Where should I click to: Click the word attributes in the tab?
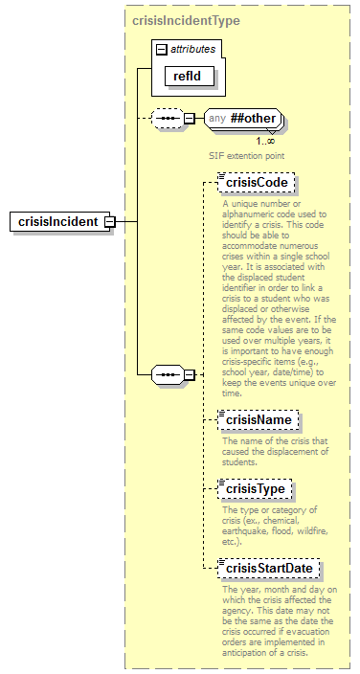click(x=192, y=47)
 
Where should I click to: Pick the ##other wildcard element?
click(x=253, y=118)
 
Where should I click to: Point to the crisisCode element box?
click(x=256, y=182)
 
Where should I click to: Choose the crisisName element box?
click(x=258, y=419)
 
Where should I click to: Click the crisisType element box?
click(x=256, y=489)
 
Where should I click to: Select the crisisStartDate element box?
click(x=267, y=569)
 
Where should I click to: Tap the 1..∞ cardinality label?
click(x=265, y=140)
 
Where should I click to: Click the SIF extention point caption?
click(x=248, y=154)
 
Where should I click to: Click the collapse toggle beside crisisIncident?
click(x=109, y=222)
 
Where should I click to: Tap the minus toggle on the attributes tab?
click(x=161, y=48)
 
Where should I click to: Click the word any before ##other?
click(x=217, y=118)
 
